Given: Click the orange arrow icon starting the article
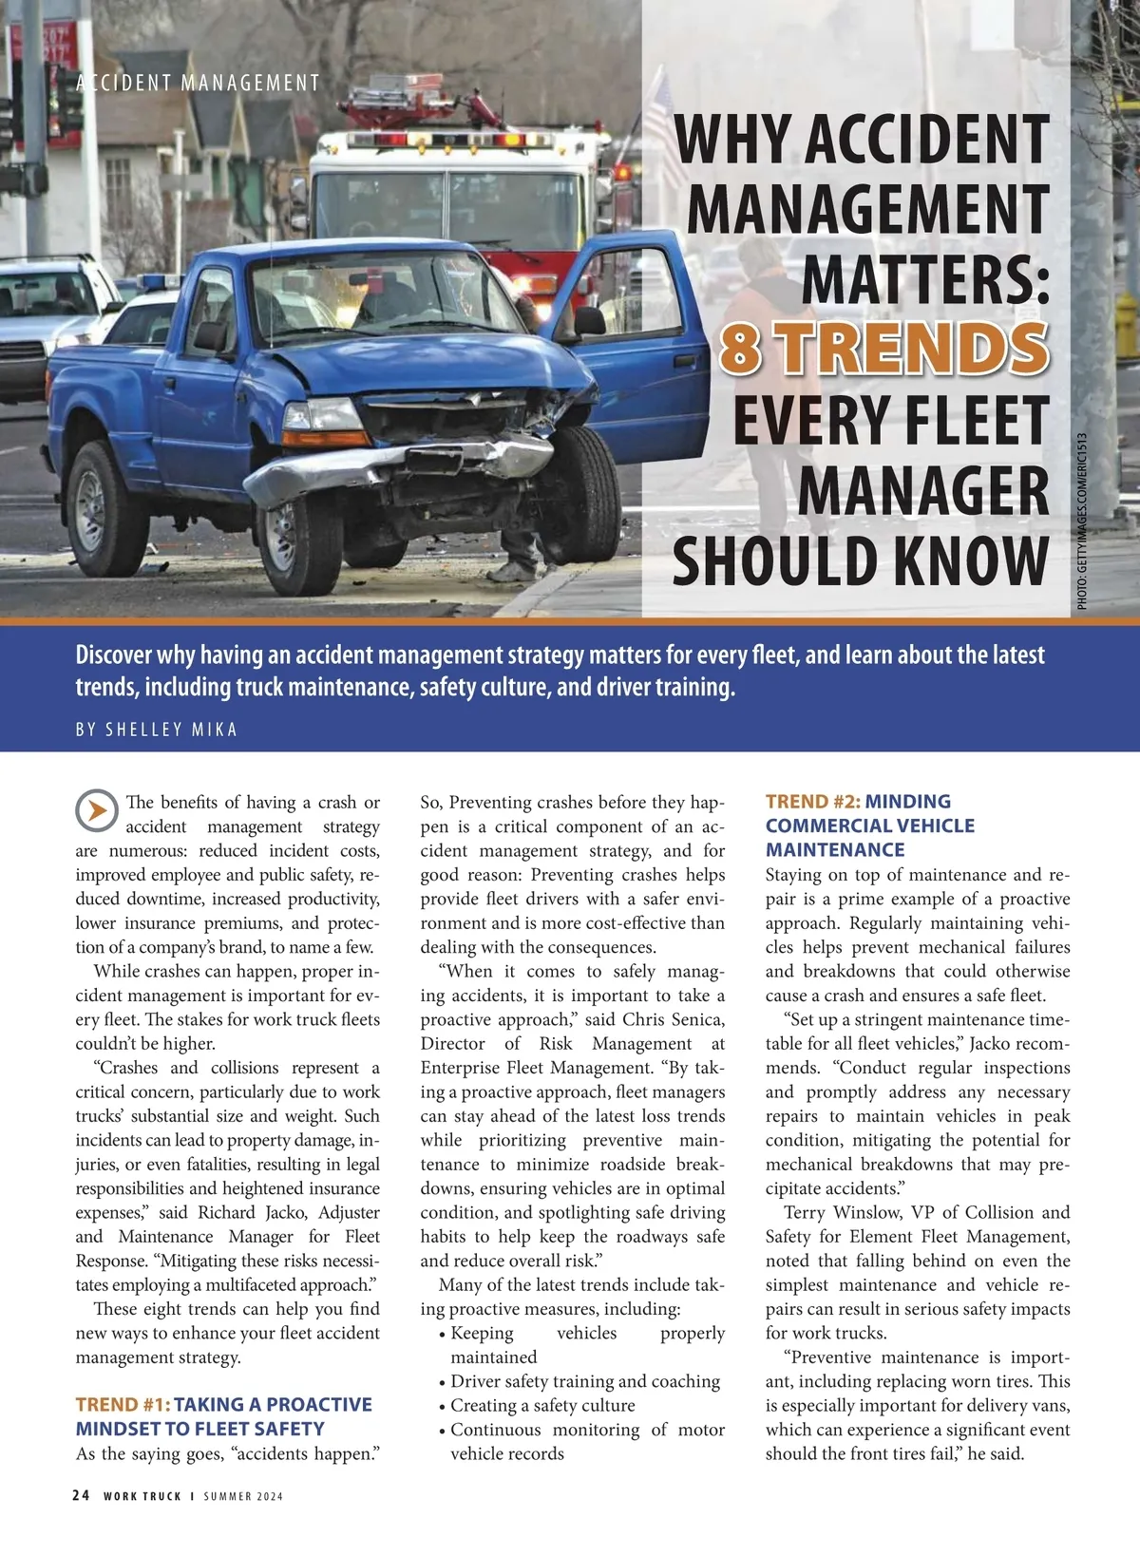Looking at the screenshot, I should click(97, 810).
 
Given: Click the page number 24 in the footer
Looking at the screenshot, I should click(82, 1495).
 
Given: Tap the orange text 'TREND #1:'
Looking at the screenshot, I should click(122, 1404).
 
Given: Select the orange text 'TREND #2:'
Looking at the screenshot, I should click(812, 801).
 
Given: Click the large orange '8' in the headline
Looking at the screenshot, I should click(741, 348).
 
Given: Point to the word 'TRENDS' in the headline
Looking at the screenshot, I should click(914, 348).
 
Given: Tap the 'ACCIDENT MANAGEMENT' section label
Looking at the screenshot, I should click(199, 83).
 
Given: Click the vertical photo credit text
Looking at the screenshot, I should click(1082, 521).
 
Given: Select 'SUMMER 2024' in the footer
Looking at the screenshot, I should click(243, 1496).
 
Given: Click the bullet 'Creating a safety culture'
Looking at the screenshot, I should click(542, 1405).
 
